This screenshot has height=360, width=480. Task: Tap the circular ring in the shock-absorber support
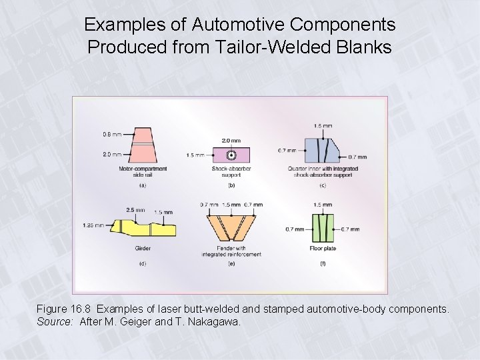point(231,155)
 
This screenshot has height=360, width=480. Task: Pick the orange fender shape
point(231,227)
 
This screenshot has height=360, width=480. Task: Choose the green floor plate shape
point(323,227)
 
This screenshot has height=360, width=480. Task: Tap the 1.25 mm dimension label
point(93,225)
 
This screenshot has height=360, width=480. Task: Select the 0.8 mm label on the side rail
point(112,135)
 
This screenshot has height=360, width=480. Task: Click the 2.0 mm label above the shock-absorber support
point(231,141)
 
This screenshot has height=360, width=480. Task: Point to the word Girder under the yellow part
point(142,248)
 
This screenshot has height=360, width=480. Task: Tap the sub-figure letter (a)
point(142,185)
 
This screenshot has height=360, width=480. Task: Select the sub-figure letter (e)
point(231,264)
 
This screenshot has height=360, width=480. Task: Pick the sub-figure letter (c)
point(323,185)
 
